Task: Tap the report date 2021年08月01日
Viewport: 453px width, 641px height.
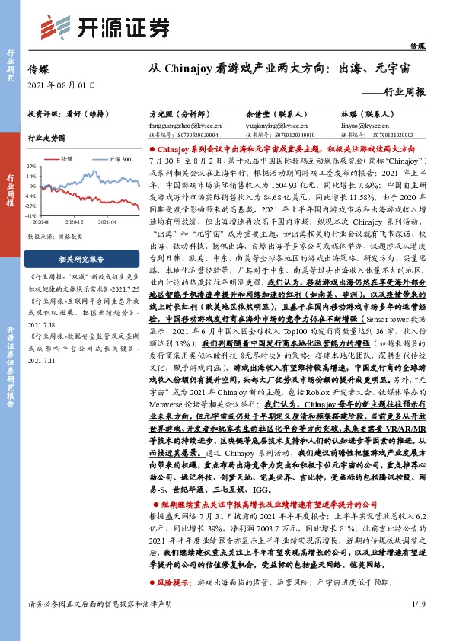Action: tap(62, 85)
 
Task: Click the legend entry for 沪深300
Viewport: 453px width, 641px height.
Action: tap(120, 159)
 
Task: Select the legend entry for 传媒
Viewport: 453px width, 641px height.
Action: tap(67, 159)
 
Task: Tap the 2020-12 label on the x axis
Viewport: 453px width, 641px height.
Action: tap(74, 222)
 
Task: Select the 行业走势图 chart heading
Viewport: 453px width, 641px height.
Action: tap(46, 139)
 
